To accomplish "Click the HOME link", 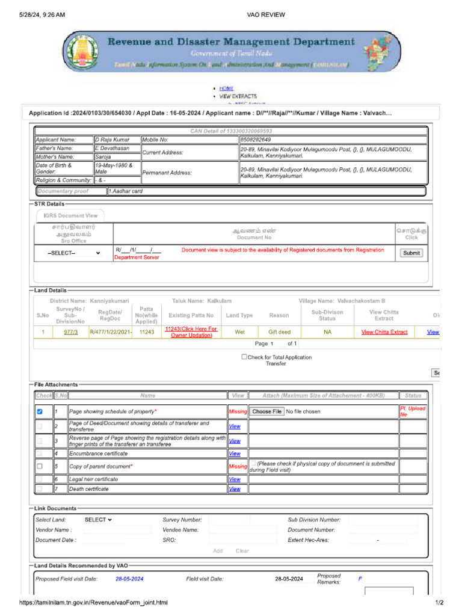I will (x=226, y=88).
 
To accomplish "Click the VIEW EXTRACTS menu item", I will (x=238, y=96).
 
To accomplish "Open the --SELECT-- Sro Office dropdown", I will (x=73, y=253).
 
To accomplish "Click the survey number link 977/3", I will (x=70, y=332).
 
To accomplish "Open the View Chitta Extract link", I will (x=384, y=332).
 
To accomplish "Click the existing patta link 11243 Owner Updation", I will (x=191, y=332).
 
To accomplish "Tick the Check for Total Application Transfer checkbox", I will (x=244, y=357).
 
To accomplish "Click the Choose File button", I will (x=266, y=412).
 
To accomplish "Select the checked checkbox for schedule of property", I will (x=40, y=412).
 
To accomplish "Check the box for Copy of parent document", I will (x=40, y=466).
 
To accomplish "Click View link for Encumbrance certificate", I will (x=235, y=454).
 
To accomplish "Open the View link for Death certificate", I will (x=235, y=489).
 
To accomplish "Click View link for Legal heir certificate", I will (x=235, y=479).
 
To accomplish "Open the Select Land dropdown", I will (x=98, y=520).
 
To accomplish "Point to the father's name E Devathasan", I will (x=112, y=148).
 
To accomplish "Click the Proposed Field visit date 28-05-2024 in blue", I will (x=129, y=579).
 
